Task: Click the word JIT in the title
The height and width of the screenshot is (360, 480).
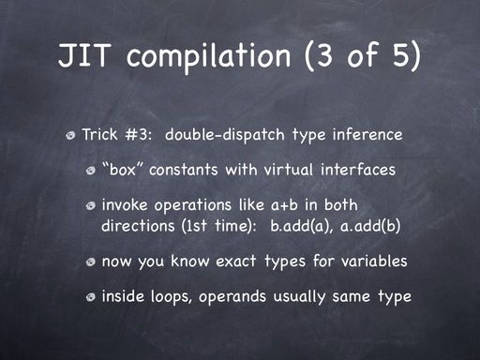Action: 84,55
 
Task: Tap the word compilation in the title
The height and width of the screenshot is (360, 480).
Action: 208,56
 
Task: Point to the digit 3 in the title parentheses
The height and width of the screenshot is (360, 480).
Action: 324,55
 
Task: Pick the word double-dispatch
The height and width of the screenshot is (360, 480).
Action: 225,135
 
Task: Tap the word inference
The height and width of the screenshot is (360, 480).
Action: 367,135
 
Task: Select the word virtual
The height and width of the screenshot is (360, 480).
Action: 289,170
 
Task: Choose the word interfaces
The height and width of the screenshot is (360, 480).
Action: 358,170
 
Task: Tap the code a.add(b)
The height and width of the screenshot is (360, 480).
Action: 370,226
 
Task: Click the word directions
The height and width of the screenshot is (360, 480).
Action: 138,226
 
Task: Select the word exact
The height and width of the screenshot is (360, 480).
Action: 236,262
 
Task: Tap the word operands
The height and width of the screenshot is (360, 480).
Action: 232,297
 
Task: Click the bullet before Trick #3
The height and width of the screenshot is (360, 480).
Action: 71,136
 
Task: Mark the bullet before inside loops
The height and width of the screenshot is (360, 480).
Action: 91,297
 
